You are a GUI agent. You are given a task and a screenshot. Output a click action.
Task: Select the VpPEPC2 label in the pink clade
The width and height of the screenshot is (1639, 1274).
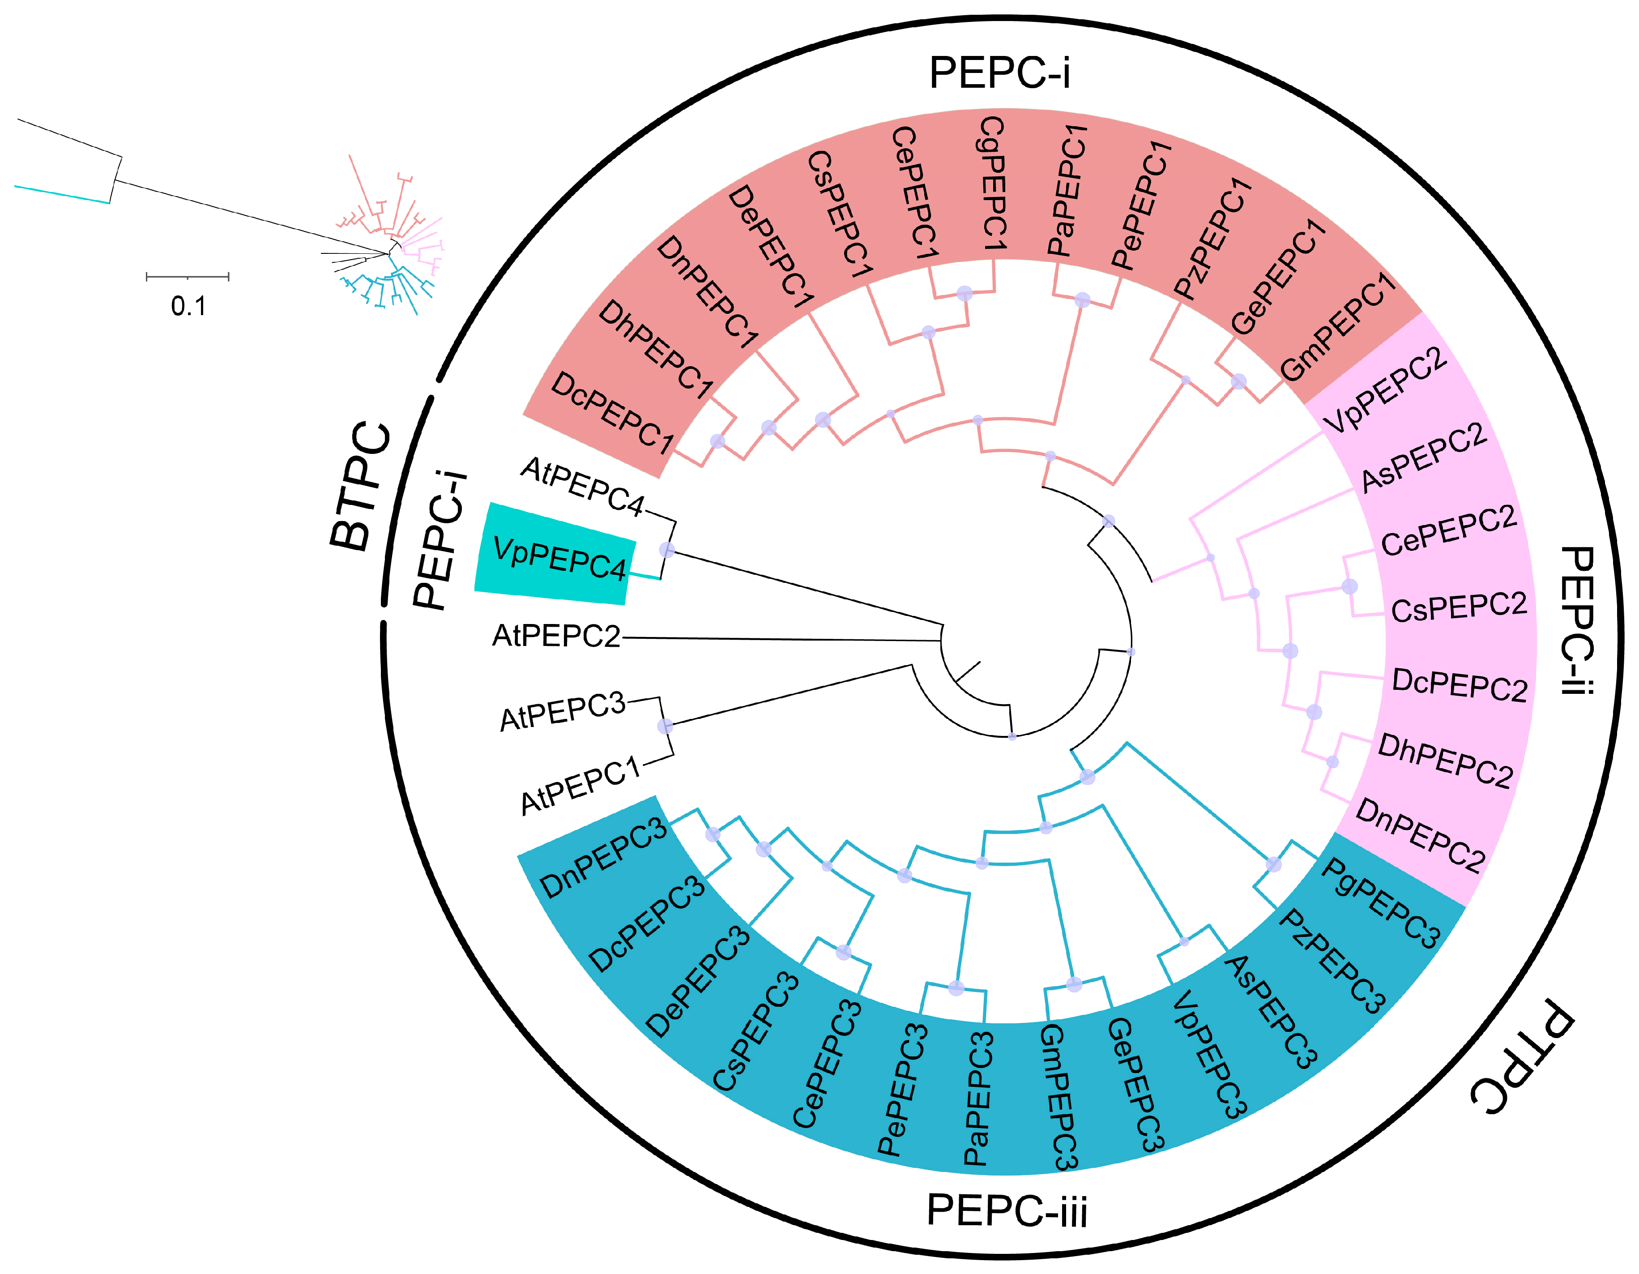(1385, 390)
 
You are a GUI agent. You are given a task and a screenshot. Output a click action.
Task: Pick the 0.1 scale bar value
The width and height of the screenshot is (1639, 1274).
(188, 306)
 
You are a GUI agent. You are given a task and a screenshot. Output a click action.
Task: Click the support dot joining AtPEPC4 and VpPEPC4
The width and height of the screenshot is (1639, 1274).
(666, 550)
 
